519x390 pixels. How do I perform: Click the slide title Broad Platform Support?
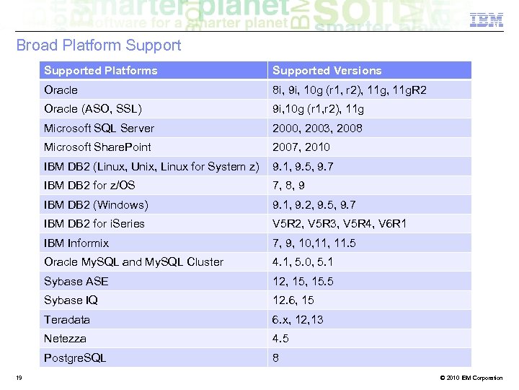click(x=99, y=45)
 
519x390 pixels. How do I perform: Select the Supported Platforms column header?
click(x=100, y=71)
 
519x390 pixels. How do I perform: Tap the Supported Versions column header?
click(x=327, y=71)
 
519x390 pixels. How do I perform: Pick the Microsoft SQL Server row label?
click(x=99, y=129)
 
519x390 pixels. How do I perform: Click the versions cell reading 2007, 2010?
click(x=301, y=147)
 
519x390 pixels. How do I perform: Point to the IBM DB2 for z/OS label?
click(x=89, y=186)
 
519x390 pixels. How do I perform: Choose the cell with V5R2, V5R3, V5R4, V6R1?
click(x=339, y=224)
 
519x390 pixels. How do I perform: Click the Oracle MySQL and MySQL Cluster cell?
click(x=133, y=262)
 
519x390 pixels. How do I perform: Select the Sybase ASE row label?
click(x=76, y=282)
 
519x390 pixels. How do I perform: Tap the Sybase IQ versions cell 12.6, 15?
click(x=293, y=300)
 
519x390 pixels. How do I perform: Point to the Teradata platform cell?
click(x=67, y=320)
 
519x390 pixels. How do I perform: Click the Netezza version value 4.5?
click(x=280, y=339)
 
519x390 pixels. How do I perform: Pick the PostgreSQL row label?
click(x=75, y=358)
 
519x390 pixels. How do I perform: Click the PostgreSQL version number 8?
click(x=275, y=358)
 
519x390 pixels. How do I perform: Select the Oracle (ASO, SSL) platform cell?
click(x=93, y=109)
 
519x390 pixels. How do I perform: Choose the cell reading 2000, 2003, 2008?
click(x=317, y=129)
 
